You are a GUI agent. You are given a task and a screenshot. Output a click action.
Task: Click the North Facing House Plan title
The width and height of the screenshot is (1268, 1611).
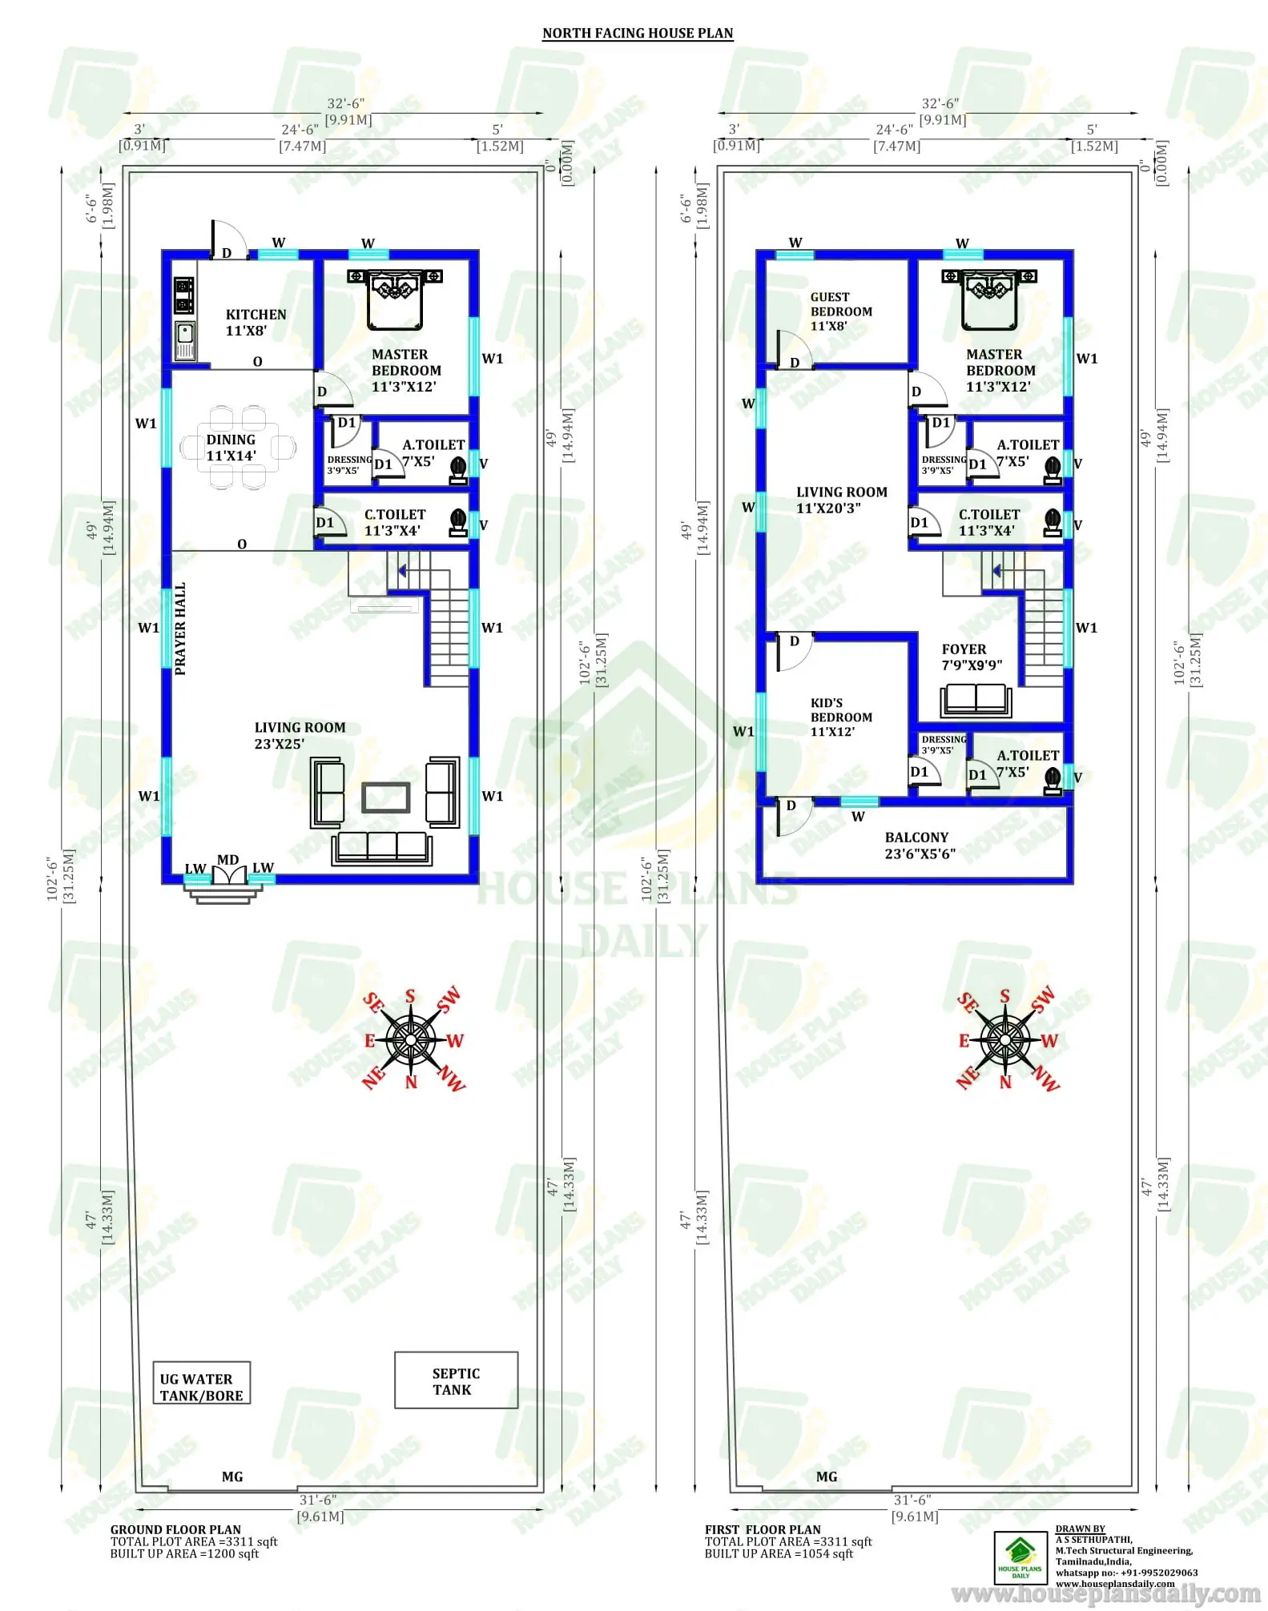(638, 33)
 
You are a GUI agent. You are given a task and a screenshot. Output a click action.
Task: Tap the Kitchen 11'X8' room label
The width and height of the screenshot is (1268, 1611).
(256, 322)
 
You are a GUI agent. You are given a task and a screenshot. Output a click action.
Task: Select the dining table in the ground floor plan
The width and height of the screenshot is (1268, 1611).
(238, 447)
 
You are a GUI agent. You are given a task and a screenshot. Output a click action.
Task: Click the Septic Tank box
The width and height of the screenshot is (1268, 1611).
(456, 1380)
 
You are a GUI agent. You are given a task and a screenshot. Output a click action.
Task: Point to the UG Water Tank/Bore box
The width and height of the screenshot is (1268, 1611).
(202, 1387)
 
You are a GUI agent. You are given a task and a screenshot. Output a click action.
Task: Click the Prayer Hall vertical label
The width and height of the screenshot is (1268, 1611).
(180, 629)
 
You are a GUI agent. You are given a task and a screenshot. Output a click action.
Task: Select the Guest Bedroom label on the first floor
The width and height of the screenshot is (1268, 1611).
(840, 311)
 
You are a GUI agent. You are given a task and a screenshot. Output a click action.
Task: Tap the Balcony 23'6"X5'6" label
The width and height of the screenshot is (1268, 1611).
(919, 845)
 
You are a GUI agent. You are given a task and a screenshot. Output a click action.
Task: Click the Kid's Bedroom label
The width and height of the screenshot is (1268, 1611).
(840, 717)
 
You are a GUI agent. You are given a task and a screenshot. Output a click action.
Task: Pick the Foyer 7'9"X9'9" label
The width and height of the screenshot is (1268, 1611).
(971, 657)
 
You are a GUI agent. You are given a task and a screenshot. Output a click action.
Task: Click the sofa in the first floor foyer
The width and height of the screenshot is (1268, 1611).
(976, 699)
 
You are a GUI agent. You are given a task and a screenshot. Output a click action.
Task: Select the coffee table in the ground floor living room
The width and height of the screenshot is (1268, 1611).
(386, 797)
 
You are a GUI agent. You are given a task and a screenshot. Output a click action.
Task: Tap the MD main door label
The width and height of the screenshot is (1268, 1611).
(228, 860)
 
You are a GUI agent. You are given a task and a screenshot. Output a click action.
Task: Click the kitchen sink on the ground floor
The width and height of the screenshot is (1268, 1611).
(185, 339)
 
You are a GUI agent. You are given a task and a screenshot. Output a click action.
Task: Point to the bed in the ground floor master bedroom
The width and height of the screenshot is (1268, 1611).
(395, 298)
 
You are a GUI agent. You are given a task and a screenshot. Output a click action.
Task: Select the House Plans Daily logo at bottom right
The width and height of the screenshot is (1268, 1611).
(1020, 1557)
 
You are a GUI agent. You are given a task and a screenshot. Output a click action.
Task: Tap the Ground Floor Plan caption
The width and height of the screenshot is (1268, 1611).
(175, 1529)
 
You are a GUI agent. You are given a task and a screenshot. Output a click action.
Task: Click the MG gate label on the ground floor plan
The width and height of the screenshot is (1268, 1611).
(232, 1476)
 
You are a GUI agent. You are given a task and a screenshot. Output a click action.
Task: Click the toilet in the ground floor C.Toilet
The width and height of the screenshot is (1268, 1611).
(458, 522)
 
